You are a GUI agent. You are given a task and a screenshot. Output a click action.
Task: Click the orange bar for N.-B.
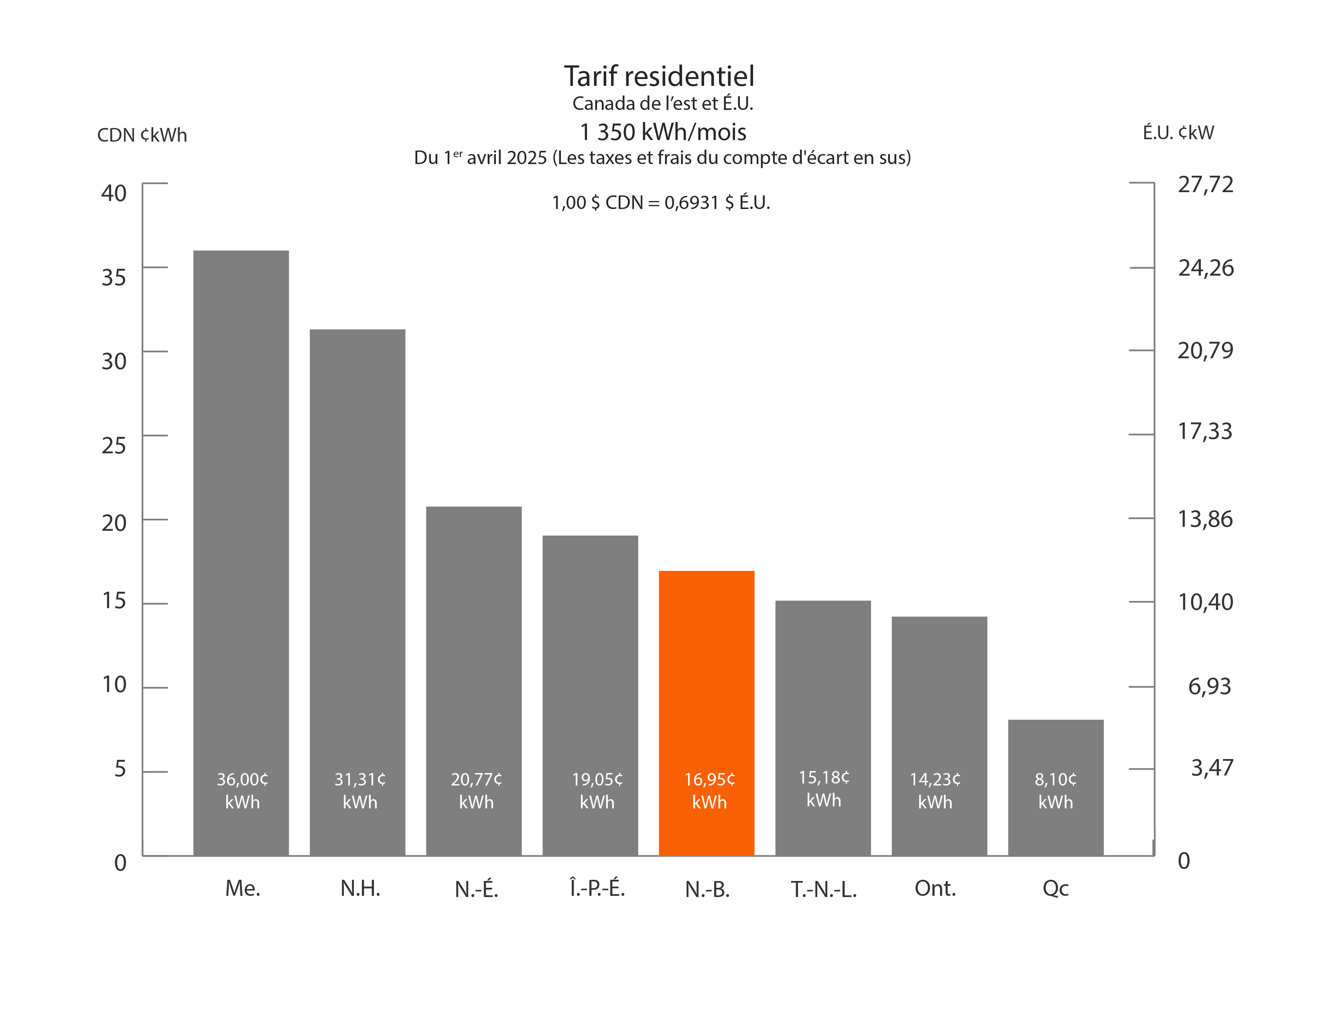(706, 667)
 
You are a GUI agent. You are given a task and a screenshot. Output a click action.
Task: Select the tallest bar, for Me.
(241, 515)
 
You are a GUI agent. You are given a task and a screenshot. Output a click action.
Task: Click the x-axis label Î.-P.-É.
(597, 889)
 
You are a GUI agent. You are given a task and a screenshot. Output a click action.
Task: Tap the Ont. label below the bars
(935, 889)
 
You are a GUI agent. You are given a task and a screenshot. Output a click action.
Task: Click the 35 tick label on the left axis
(114, 278)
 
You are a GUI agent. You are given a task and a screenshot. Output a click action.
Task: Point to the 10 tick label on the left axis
(114, 685)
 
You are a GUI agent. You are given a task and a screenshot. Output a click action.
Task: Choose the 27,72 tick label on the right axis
(1205, 184)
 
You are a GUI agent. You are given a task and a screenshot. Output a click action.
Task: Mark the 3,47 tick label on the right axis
(1211, 768)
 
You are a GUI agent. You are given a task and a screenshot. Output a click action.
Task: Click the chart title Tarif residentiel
(659, 76)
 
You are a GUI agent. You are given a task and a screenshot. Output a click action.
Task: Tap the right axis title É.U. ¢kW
(1178, 133)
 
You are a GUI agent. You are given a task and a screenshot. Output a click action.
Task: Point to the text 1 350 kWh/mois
(663, 132)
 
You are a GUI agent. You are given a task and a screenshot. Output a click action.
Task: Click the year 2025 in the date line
(527, 158)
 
